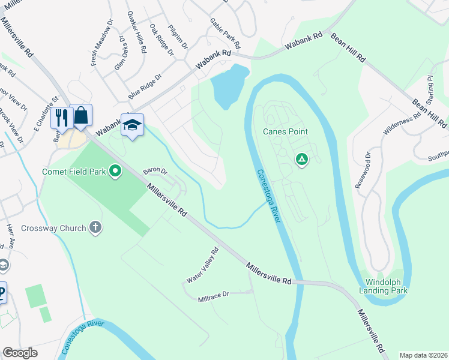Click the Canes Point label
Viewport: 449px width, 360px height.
click(x=285, y=131)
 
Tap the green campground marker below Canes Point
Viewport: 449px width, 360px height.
click(x=302, y=160)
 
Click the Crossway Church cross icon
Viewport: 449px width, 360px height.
click(x=95, y=227)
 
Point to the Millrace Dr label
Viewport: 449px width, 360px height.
click(x=214, y=295)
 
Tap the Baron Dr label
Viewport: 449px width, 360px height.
click(x=154, y=171)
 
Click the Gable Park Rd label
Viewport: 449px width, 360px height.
click(x=224, y=33)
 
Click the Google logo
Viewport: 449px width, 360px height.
click(x=20, y=353)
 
